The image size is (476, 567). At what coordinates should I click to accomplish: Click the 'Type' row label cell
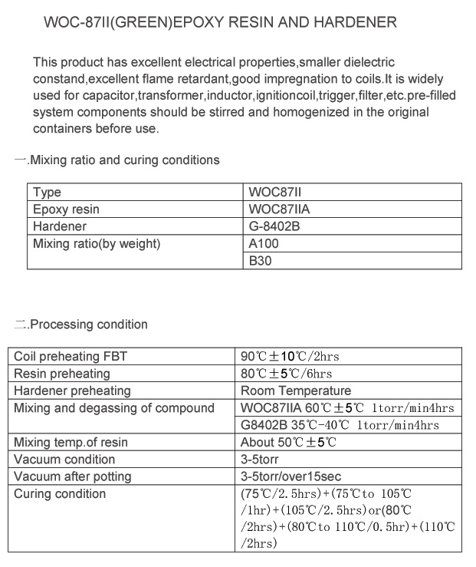pos(47,192)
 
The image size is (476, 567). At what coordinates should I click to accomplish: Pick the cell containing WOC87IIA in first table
pos(279,209)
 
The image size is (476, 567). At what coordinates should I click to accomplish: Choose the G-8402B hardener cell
pos(274,226)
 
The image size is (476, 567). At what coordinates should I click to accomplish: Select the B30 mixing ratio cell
pos(261,261)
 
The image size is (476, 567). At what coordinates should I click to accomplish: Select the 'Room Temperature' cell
pos(295,391)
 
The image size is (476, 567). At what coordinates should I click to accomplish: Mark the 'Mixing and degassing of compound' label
pos(115,407)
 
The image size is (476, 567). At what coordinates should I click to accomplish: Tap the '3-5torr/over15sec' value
pos(291,476)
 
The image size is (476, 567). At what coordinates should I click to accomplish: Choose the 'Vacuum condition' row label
pos(65,459)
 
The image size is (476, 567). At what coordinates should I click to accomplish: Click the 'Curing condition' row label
pos(60,493)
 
